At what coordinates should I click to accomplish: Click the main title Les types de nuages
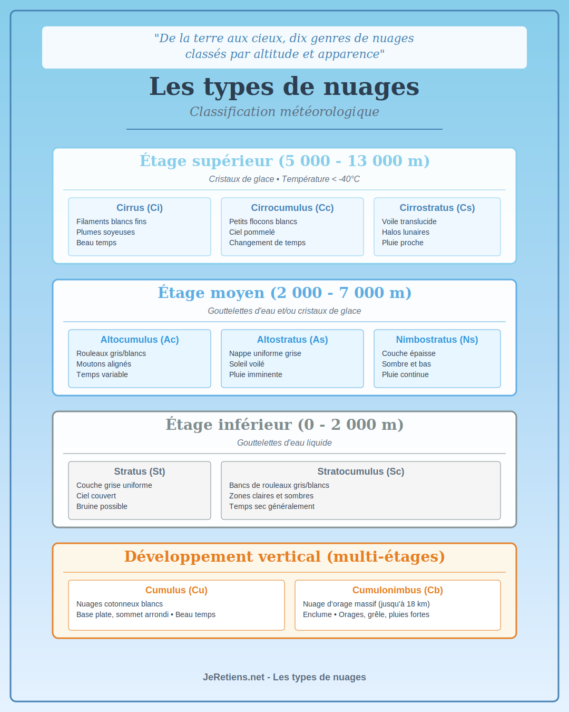coord(284,87)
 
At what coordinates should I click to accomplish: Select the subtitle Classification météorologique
coord(284,112)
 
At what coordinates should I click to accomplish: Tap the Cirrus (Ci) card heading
coord(140,208)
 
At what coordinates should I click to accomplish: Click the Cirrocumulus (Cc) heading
coord(292,208)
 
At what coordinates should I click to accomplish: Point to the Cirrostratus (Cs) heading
coord(437,208)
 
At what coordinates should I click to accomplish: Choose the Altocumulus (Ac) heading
coord(140,340)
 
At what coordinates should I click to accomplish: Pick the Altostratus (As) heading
coord(292,340)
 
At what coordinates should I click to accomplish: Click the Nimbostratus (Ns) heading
coord(437,340)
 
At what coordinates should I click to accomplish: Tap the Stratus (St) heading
coord(140,472)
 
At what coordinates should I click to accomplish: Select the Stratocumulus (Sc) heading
coord(361,472)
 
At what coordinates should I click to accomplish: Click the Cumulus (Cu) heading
coord(176,590)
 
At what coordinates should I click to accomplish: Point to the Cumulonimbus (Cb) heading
coord(398,590)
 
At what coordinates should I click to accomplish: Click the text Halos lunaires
coord(406,232)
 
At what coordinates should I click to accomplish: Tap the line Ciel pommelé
coord(252,232)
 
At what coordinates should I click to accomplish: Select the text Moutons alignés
coord(104,364)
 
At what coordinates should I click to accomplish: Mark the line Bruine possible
coord(102,506)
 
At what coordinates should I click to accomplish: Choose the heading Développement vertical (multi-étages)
coord(284,556)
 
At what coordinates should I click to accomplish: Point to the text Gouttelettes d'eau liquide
coord(284,443)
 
